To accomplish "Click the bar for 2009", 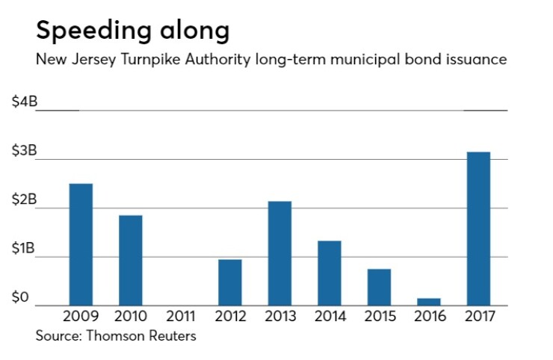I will (x=81, y=244).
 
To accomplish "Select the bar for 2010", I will (x=131, y=260).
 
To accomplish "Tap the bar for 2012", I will (x=230, y=282).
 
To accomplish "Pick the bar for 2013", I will (x=279, y=253).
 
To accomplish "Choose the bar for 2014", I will (x=330, y=273).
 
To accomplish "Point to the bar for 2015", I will (x=379, y=287).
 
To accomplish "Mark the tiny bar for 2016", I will (x=429, y=302).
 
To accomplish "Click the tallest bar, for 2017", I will (x=478, y=229).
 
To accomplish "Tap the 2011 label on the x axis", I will (x=180, y=317).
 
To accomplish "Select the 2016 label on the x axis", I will (x=429, y=317).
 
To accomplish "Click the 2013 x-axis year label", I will (x=279, y=317).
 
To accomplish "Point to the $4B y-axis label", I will (x=24, y=102).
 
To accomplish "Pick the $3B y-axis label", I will (x=24, y=151).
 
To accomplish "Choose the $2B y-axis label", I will (x=24, y=199).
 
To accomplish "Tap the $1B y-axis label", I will (x=24, y=249).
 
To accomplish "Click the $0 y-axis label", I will (x=21, y=298).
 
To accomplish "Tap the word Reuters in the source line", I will (x=171, y=336).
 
